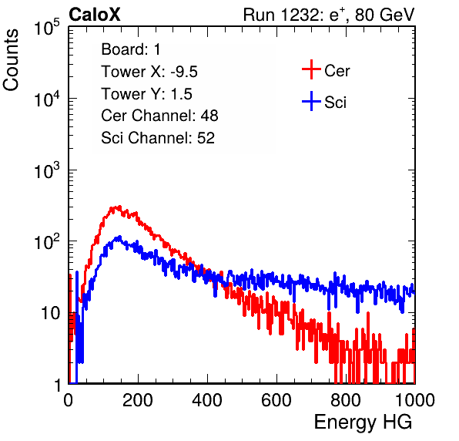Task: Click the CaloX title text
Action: pos(94,15)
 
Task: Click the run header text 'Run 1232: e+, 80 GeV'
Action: pos(329,15)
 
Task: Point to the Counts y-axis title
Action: pos(11,60)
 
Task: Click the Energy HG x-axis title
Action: pos(364,422)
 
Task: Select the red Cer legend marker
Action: pos(311,69)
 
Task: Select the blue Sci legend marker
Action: pos(311,101)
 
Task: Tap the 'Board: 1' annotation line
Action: pos(131,49)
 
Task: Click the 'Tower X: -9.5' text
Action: pos(149,72)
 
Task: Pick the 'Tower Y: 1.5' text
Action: pos(146,94)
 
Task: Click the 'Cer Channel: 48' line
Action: pos(159,116)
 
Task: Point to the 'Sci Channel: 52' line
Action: pos(158,138)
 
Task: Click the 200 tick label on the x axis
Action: pos(137,399)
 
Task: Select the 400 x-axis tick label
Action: pos(207,399)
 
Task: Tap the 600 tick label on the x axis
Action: pos(276,399)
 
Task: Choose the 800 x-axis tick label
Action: pos(346,399)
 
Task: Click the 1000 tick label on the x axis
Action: pos(414,399)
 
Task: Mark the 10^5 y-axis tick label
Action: pos(47,28)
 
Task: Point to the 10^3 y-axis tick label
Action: pos(47,170)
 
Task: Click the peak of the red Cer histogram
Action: pos(119,207)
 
